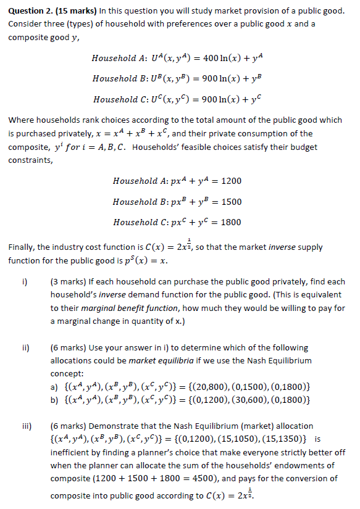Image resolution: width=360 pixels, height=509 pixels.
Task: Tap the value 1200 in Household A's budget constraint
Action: tap(232, 181)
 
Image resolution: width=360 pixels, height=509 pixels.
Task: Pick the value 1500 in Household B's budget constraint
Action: tap(232, 202)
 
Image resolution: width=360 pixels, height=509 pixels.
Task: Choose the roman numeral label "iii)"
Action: tap(28, 426)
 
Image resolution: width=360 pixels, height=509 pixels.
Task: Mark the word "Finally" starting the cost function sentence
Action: tap(22, 247)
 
